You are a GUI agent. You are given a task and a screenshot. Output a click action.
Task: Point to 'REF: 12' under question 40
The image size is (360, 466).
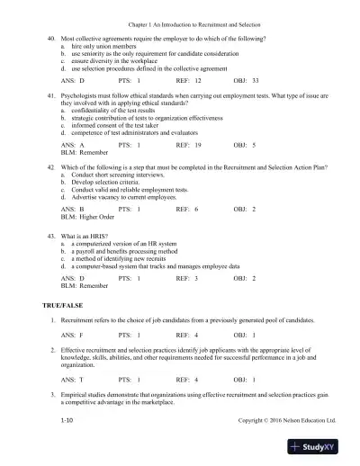188,80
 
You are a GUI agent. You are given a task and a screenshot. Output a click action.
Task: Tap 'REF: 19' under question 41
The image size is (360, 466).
188,144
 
